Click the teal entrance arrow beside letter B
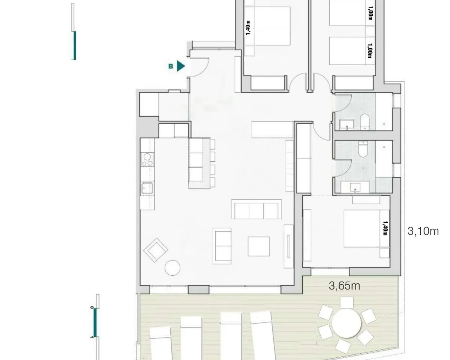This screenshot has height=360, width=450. click(180, 66)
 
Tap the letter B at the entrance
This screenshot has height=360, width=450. click(171, 66)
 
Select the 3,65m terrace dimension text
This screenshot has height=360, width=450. click(344, 286)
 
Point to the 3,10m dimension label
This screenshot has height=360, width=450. click(423, 231)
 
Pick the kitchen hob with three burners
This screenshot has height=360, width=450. click(147, 159)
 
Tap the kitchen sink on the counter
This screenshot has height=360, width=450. click(147, 188)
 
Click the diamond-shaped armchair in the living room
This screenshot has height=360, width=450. click(156, 250)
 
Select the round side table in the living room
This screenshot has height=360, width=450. click(172, 268)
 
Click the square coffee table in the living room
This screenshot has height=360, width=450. click(259, 246)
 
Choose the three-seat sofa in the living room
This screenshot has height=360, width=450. click(256, 209)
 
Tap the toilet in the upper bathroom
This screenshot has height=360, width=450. click(365, 122)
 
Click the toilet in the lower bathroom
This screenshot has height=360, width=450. click(363, 149)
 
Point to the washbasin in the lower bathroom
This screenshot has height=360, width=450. click(355, 187)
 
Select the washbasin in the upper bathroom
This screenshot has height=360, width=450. click(347, 124)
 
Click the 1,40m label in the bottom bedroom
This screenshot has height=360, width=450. click(385, 228)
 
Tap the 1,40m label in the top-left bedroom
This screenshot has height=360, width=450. click(248, 28)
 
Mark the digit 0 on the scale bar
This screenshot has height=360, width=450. click(92, 307)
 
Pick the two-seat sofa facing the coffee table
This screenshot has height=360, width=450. click(222, 246)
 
